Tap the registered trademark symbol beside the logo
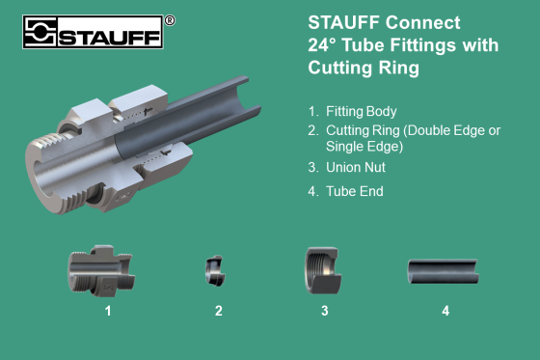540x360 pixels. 171,19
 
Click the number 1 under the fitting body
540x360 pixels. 109,311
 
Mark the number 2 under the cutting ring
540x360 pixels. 219,311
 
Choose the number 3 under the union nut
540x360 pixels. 325,311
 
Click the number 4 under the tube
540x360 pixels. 445,311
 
